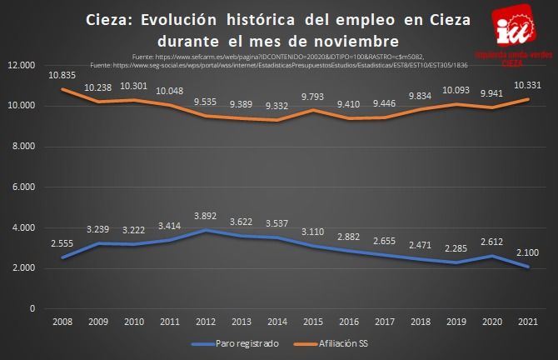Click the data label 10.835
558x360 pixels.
pyautogui.click(x=62, y=74)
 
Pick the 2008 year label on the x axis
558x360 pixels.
pyautogui.click(x=62, y=321)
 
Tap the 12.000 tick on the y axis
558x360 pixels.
pyautogui.click(x=20, y=65)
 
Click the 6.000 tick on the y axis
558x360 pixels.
pyautogui.click(x=23, y=187)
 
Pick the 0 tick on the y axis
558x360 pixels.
pyautogui.click(x=32, y=308)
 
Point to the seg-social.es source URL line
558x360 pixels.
pyautogui.click(x=280, y=63)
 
